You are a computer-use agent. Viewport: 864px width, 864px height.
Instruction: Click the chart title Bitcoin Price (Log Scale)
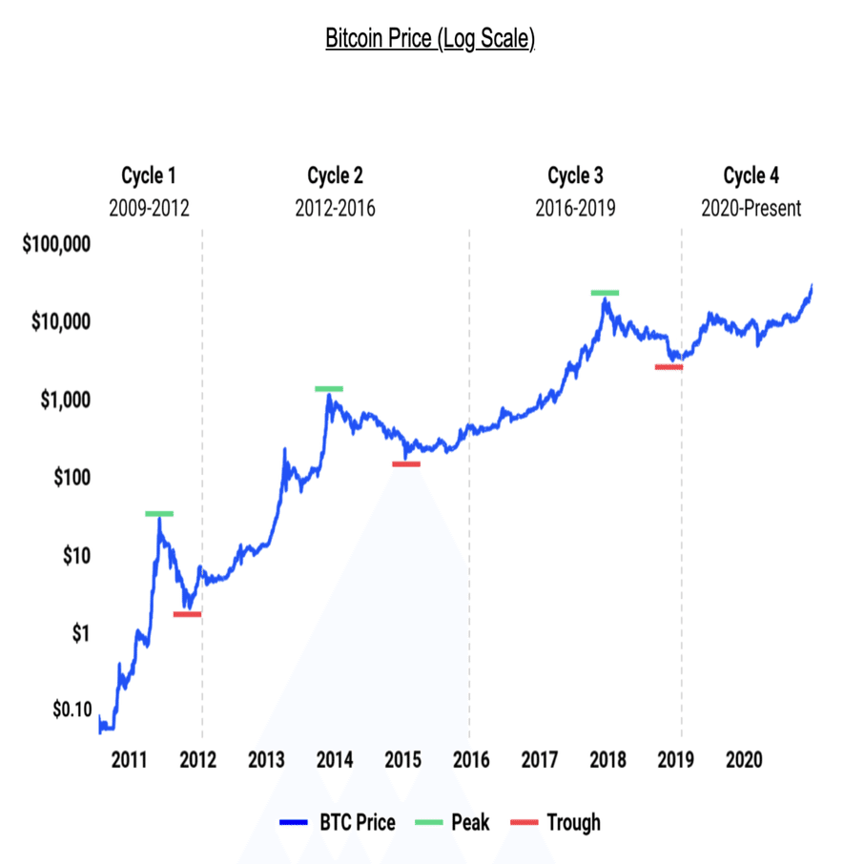[430, 40]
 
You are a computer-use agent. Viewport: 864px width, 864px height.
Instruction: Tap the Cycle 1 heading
[149, 175]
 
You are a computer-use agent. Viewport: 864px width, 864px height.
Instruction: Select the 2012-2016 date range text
[335, 208]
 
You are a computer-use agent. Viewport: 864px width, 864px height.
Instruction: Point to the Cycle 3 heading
[575, 175]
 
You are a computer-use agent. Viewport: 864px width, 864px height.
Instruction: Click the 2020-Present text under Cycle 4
[751, 208]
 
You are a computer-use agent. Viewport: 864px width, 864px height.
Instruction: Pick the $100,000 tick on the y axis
[56, 244]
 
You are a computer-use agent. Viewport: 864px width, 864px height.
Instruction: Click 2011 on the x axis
[129, 760]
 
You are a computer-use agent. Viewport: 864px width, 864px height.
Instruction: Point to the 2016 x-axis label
[471, 760]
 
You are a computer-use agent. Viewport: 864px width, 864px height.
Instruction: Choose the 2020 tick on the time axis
[744, 760]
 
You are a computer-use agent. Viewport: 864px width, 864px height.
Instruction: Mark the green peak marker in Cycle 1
[159, 514]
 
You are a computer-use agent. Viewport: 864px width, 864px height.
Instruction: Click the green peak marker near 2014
[329, 389]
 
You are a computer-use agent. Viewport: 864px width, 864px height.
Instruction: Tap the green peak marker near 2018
[605, 293]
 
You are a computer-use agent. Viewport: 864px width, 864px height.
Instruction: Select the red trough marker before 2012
[187, 614]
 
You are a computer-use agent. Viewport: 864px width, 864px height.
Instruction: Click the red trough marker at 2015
[406, 464]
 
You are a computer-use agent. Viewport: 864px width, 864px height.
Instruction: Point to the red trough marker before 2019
[669, 367]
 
